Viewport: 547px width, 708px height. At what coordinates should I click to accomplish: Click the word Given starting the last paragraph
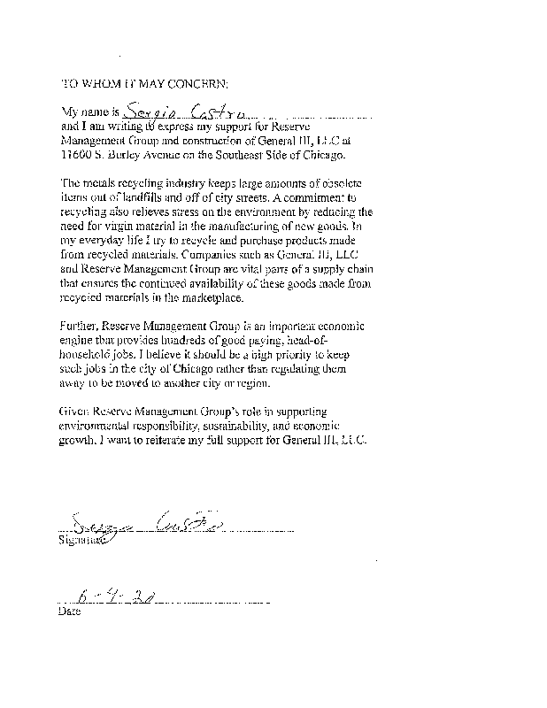pos(75,412)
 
